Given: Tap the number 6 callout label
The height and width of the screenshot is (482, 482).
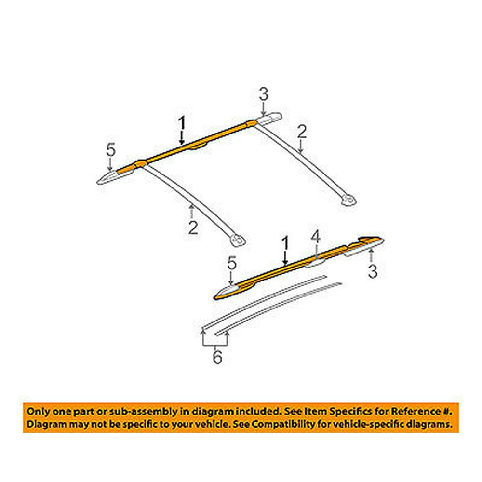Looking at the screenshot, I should coord(217,358).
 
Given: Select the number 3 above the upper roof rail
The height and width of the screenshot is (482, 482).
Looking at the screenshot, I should coord(263,94).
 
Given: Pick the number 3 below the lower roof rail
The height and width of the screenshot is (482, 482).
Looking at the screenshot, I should coord(373,272).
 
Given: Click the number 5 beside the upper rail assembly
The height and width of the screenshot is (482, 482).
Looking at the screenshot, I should coord(111,150).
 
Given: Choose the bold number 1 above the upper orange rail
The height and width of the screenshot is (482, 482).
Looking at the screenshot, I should coord(182,124).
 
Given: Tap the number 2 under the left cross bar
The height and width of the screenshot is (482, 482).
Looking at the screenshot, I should coord(193,227).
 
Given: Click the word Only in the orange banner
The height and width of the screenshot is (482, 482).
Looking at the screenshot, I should coord(38,412).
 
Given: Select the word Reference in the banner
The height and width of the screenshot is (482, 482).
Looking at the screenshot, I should coord(416,412).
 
